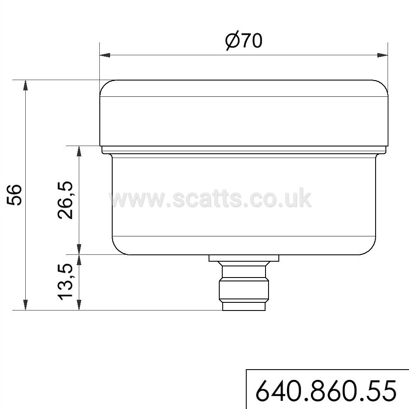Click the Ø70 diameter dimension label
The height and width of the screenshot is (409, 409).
(x=244, y=41)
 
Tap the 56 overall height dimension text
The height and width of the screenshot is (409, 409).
(x=14, y=195)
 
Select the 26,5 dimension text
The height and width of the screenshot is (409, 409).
(x=65, y=200)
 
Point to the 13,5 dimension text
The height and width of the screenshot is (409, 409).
(x=65, y=282)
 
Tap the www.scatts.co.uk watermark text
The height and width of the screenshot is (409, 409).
(x=210, y=198)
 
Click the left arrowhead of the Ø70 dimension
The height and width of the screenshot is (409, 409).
(x=105, y=55)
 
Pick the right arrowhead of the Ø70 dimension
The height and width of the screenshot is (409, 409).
(x=382, y=55)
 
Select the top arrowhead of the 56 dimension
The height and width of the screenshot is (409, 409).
(x=25, y=85)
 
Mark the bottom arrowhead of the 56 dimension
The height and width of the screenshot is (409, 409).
(x=25, y=305)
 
